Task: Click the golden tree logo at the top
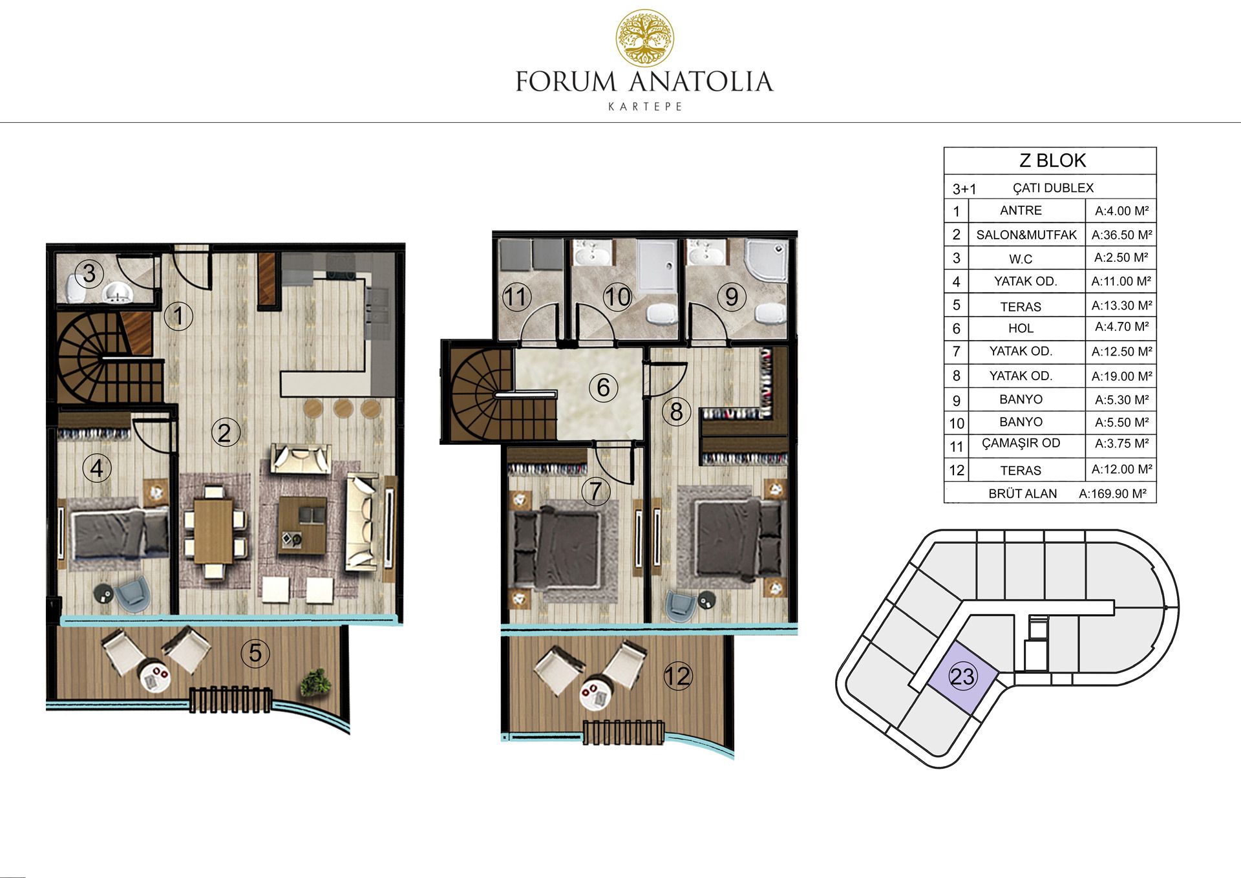644,38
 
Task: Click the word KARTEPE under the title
645,107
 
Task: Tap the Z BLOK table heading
1052,160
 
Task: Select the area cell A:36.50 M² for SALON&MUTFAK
1121,235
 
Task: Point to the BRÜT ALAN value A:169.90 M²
1112,493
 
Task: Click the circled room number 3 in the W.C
89,273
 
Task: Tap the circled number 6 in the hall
603,388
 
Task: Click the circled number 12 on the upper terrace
677,676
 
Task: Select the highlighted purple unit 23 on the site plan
962,677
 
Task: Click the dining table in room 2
213,531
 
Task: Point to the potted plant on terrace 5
316,682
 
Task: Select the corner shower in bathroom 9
767,261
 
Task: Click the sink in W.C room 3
117,292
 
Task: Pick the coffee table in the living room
302,526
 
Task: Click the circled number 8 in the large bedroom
676,412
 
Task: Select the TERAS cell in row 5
1021,306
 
